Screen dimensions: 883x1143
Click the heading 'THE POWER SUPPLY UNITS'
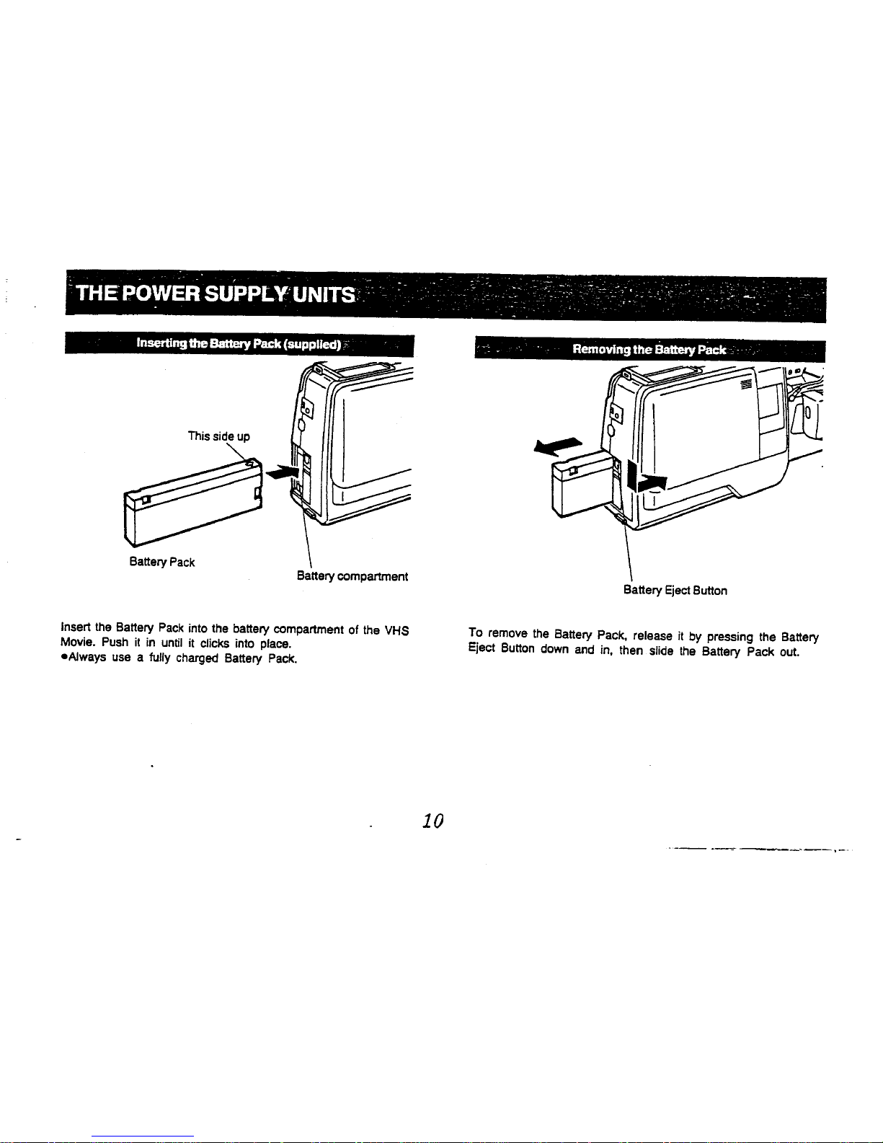pos(216,296)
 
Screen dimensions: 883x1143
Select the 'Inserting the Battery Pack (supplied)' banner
pos(239,345)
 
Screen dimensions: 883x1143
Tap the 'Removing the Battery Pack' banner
pos(648,350)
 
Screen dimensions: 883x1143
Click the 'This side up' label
pos(218,436)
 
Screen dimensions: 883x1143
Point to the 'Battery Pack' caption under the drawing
pos(162,562)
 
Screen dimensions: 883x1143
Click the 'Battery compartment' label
pos(352,577)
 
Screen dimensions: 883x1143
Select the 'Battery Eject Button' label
pos(675,591)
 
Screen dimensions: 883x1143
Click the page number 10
pos(432,821)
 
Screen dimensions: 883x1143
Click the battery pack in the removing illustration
pos(580,487)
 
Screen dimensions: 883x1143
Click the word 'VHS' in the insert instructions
pos(396,630)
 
